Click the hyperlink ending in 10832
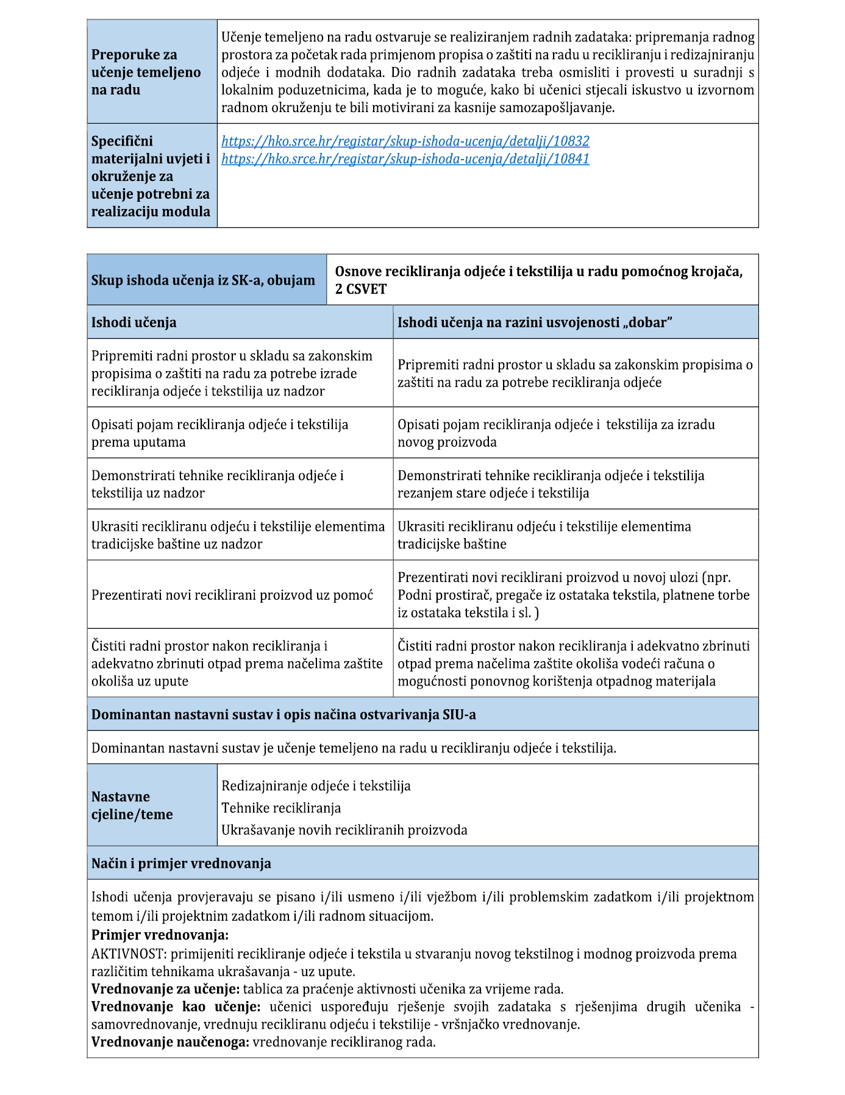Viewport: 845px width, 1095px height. click(x=405, y=141)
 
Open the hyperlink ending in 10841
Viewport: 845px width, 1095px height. click(x=405, y=159)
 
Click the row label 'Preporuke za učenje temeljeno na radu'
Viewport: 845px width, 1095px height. click(x=146, y=72)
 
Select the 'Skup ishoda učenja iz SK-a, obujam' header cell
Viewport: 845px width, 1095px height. click(x=203, y=280)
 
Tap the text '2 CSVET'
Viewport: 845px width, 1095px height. click(x=361, y=289)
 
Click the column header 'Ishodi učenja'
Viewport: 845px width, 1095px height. click(x=134, y=322)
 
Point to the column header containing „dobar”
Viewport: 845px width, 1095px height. click(x=535, y=322)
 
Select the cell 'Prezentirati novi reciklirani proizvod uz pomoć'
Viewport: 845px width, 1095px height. click(x=232, y=595)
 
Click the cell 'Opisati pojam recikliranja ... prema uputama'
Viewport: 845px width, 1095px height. click(x=219, y=433)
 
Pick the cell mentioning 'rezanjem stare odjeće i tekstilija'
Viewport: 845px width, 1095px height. click(x=551, y=484)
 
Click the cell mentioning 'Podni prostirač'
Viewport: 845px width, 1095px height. click(x=573, y=595)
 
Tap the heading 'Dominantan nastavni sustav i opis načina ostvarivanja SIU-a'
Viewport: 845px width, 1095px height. click(x=283, y=715)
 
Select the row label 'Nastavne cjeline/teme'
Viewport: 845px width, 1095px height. click(x=132, y=806)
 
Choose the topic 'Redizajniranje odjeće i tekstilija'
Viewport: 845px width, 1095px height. click(x=316, y=786)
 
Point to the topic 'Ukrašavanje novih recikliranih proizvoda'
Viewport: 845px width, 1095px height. click(x=344, y=830)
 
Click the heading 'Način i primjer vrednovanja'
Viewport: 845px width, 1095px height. click(x=181, y=863)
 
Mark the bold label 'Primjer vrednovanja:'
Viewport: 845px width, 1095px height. click(x=160, y=935)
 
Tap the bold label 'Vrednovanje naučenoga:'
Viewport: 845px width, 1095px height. click(x=170, y=1042)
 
